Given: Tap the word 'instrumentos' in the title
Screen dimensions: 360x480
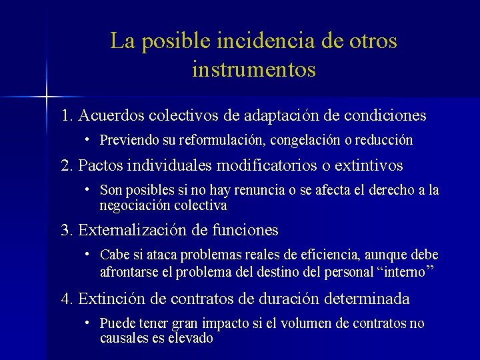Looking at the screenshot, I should (253, 69).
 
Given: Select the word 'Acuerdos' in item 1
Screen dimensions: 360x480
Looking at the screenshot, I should (109, 115).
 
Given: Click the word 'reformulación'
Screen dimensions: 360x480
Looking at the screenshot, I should (213, 141).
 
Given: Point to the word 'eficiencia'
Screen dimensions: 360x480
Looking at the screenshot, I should (317, 255).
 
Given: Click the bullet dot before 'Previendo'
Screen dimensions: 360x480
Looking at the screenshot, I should (87, 140).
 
